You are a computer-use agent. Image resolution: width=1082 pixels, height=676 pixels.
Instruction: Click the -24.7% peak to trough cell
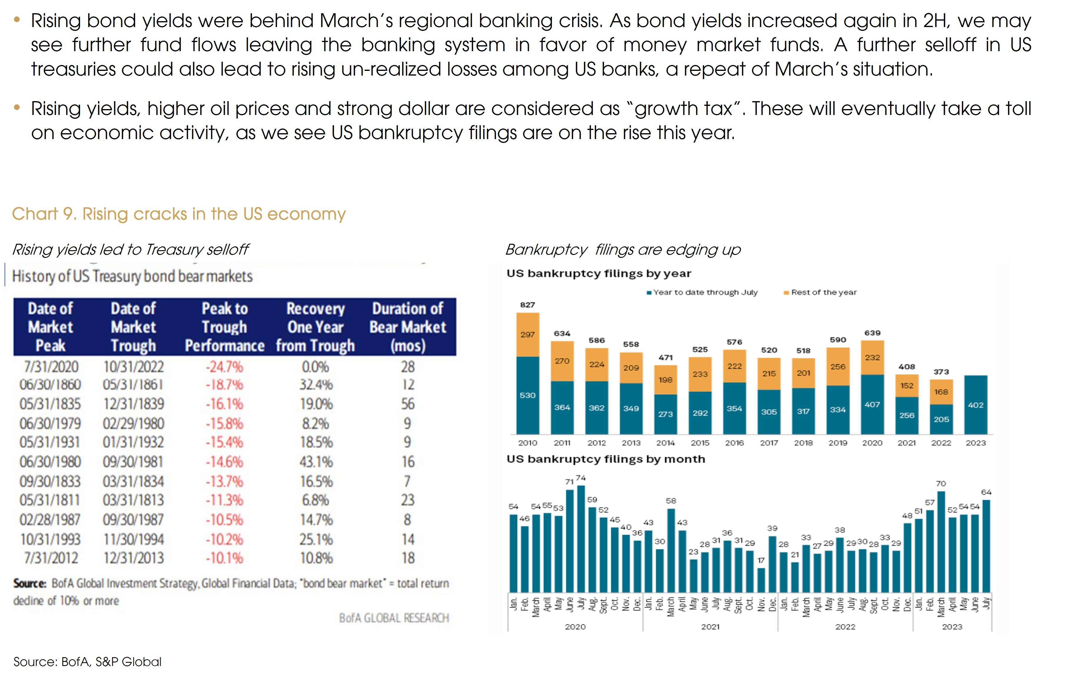(224, 367)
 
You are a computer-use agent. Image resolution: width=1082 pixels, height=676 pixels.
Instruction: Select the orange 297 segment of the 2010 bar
(527, 334)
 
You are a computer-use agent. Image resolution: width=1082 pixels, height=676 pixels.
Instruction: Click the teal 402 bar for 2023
(975, 405)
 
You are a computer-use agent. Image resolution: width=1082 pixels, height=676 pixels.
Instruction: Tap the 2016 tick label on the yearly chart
(734, 443)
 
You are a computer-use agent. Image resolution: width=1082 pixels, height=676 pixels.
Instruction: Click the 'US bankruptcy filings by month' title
(605, 459)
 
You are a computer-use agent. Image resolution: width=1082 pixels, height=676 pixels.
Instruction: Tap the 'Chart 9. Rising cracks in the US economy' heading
(179, 214)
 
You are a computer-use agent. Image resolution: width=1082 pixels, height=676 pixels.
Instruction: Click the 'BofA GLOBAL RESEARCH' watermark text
(394, 618)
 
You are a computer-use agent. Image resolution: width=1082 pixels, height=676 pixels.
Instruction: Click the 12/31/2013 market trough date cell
(133, 558)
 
